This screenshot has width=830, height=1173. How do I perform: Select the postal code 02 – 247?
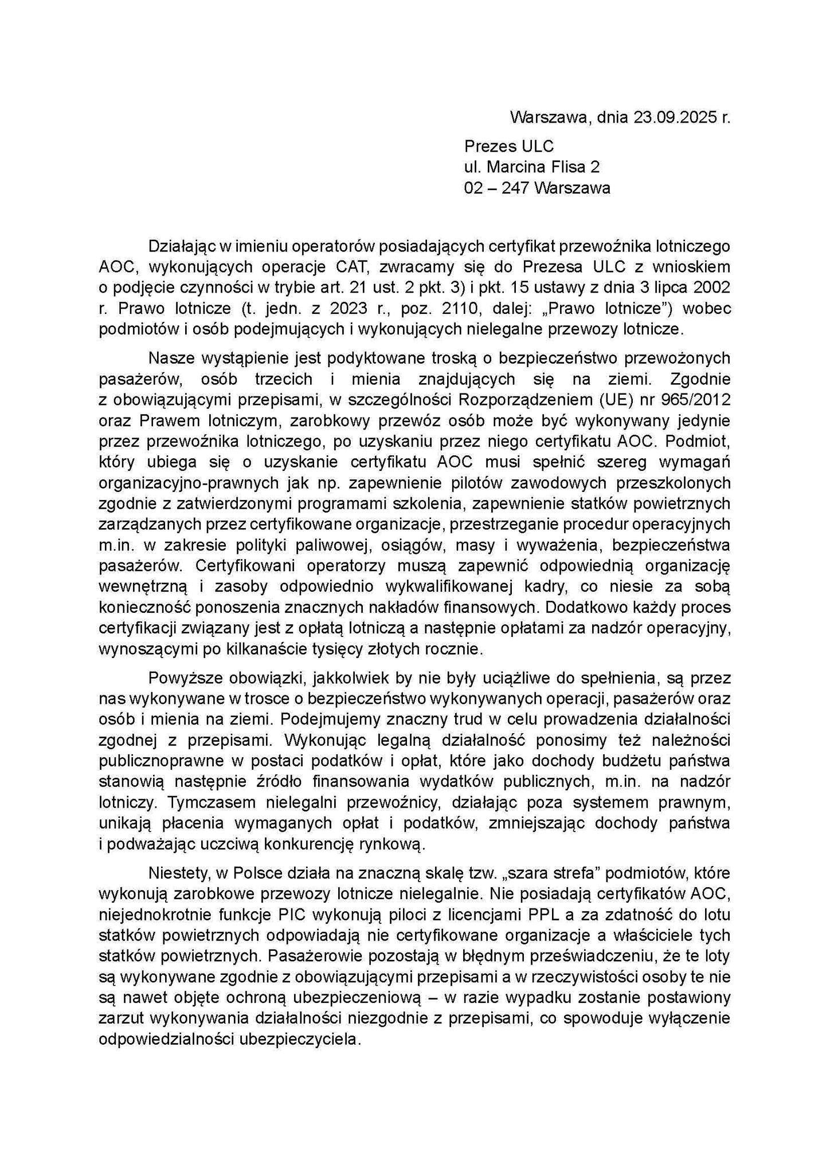[496, 188]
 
